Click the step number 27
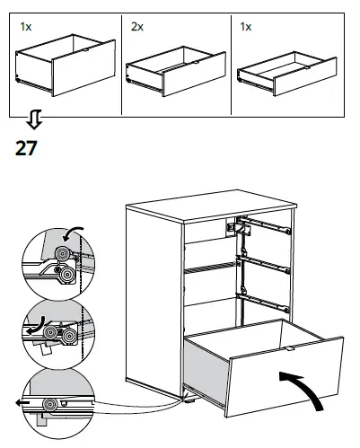tap(26, 148)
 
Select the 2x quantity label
tap(136, 29)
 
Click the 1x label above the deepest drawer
tap(25, 29)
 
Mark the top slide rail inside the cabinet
tap(265, 224)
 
